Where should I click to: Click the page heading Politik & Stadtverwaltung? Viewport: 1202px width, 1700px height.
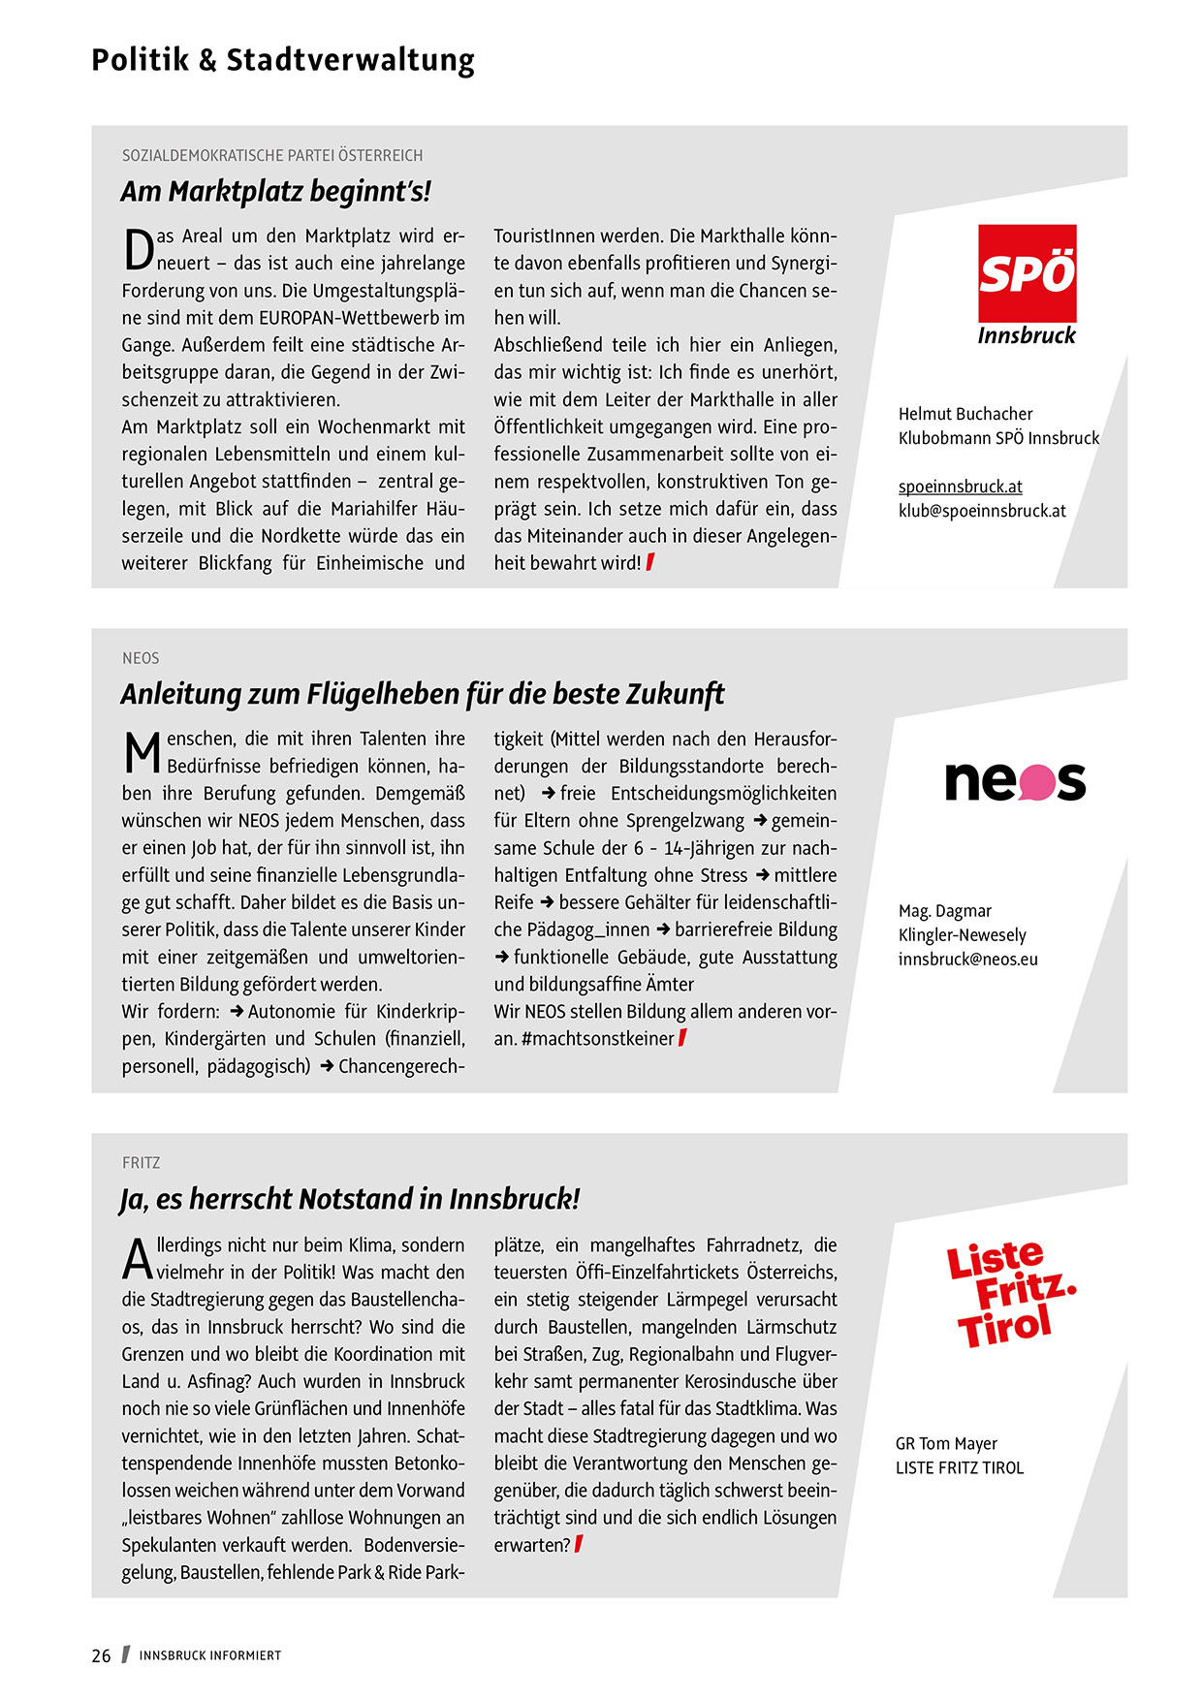click(283, 60)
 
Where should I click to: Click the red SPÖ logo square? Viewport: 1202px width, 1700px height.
click(1027, 273)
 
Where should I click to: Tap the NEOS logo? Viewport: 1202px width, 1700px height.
click(1015, 781)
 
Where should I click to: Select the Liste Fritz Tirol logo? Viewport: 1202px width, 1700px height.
click(1010, 1294)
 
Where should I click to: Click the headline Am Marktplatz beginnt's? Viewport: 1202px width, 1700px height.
click(276, 192)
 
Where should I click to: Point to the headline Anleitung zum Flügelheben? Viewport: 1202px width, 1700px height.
click(423, 694)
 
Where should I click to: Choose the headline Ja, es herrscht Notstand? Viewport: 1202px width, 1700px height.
click(350, 1199)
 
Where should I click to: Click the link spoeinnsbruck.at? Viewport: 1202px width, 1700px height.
click(960, 487)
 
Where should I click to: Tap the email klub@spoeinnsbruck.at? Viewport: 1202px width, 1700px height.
click(982, 511)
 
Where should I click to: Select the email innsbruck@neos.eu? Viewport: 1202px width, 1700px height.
click(967, 960)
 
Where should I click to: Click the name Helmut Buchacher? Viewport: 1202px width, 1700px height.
click(965, 414)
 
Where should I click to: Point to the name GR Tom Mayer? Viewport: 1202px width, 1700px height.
click(946, 1443)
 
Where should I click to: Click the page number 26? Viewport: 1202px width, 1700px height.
click(102, 1655)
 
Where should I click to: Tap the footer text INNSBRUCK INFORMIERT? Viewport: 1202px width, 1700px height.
click(210, 1655)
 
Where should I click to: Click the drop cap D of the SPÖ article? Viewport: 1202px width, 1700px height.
click(139, 249)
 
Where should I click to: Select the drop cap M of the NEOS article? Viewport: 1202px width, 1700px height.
click(142, 753)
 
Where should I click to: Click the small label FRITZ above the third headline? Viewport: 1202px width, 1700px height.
click(142, 1162)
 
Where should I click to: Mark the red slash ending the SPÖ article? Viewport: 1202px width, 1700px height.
click(650, 562)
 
